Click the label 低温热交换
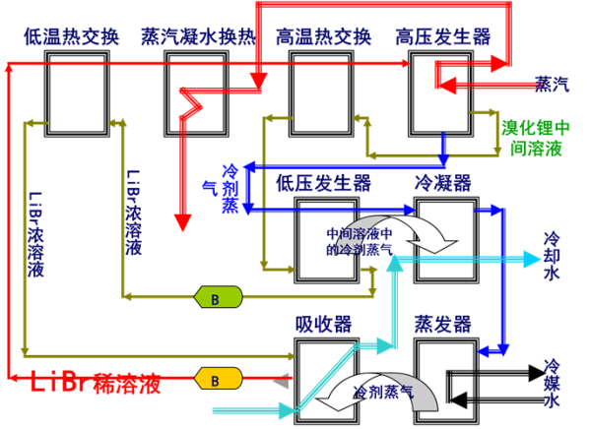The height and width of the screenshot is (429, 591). pyautogui.click(x=71, y=37)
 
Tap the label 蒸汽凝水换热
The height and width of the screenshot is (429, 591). pyautogui.click(x=199, y=37)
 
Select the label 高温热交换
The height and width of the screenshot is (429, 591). pyautogui.click(x=324, y=37)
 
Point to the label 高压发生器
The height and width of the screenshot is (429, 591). pyautogui.click(x=443, y=37)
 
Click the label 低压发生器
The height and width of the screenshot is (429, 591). pyautogui.click(x=324, y=183)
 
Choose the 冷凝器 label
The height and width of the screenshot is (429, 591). pyautogui.click(x=443, y=183)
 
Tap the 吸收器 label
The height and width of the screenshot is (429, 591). pyautogui.click(x=324, y=325)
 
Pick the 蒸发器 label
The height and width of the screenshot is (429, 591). pyautogui.click(x=443, y=325)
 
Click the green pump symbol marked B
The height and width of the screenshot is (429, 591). pyautogui.click(x=219, y=297)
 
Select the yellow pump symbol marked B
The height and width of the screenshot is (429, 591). pyautogui.click(x=219, y=379)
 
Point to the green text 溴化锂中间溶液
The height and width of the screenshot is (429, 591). pyautogui.click(x=536, y=138)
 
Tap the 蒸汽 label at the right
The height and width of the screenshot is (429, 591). pyautogui.click(x=553, y=84)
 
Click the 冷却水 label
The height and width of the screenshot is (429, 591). pyautogui.click(x=552, y=256)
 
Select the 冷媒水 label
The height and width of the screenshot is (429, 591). pyautogui.click(x=552, y=384)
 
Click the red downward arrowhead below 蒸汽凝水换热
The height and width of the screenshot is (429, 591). pyautogui.click(x=183, y=222)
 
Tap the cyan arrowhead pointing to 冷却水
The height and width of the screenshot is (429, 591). pyautogui.click(x=533, y=259)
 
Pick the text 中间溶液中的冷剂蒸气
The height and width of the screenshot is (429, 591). pyautogui.click(x=360, y=241)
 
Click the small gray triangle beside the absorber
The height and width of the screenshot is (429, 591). pyautogui.click(x=283, y=381)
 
